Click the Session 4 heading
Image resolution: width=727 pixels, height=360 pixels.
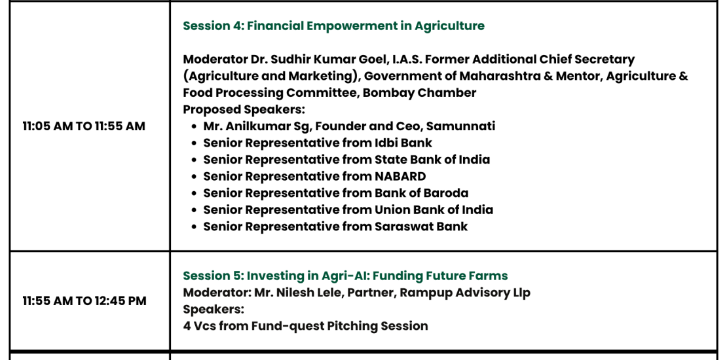pos(333,26)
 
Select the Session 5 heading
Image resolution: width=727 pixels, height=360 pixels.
pos(345,276)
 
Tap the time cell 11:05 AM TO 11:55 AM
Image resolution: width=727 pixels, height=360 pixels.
pos(84,126)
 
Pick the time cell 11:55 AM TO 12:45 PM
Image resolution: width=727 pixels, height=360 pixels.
pos(84,300)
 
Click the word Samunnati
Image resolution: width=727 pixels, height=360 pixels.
pos(460,126)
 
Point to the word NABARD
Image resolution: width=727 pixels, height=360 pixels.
pos(400,176)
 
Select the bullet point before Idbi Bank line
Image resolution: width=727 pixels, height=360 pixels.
pos(195,143)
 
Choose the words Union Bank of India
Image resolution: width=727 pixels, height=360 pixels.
pos(434,209)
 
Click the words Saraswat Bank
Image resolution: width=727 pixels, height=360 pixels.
pos(421,226)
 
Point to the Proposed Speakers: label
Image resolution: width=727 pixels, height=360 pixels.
pos(244,109)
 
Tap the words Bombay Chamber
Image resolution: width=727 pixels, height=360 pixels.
pos(419,93)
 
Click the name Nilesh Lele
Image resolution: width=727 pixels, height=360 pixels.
pos(310,293)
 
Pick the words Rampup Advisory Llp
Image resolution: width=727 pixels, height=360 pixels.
pos(465,293)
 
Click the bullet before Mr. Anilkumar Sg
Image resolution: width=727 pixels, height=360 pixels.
pos(195,126)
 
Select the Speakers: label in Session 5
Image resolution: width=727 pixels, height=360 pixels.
pos(214,310)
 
